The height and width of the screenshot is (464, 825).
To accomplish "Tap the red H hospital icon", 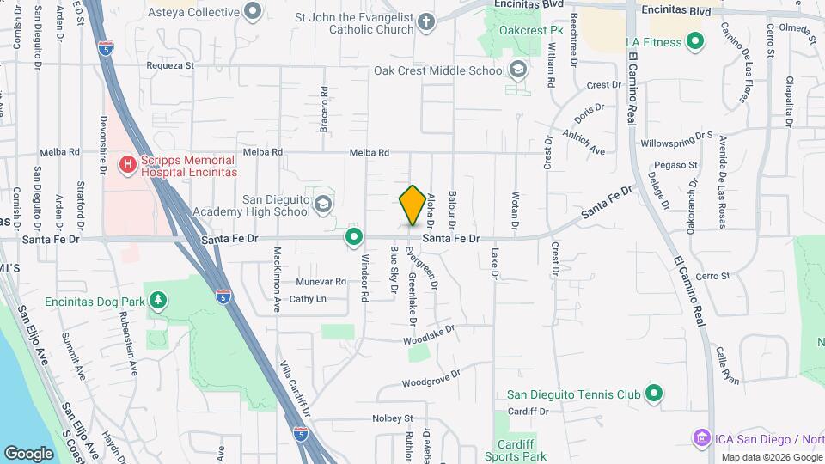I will click(128, 163).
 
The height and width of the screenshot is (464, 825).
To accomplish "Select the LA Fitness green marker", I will click(695, 41).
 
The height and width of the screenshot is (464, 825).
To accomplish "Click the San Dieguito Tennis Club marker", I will click(654, 394).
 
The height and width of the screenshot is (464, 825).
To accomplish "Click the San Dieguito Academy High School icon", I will click(322, 204).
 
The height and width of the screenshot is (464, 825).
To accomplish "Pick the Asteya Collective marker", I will click(253, 12).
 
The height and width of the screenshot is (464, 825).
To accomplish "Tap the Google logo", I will click(28, 453).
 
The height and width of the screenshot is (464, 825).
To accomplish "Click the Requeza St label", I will click(171, 64).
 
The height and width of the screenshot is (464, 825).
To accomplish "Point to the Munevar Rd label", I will click(321, 281).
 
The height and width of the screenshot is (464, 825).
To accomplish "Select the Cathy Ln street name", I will click(308, 299).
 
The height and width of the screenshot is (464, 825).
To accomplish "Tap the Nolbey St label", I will click(393, 418).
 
